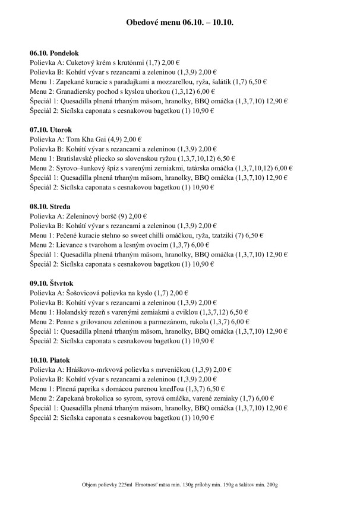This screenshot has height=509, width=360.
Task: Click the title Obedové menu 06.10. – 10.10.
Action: click(179, 22)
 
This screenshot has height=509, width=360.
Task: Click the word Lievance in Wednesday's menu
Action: click(67, 245)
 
